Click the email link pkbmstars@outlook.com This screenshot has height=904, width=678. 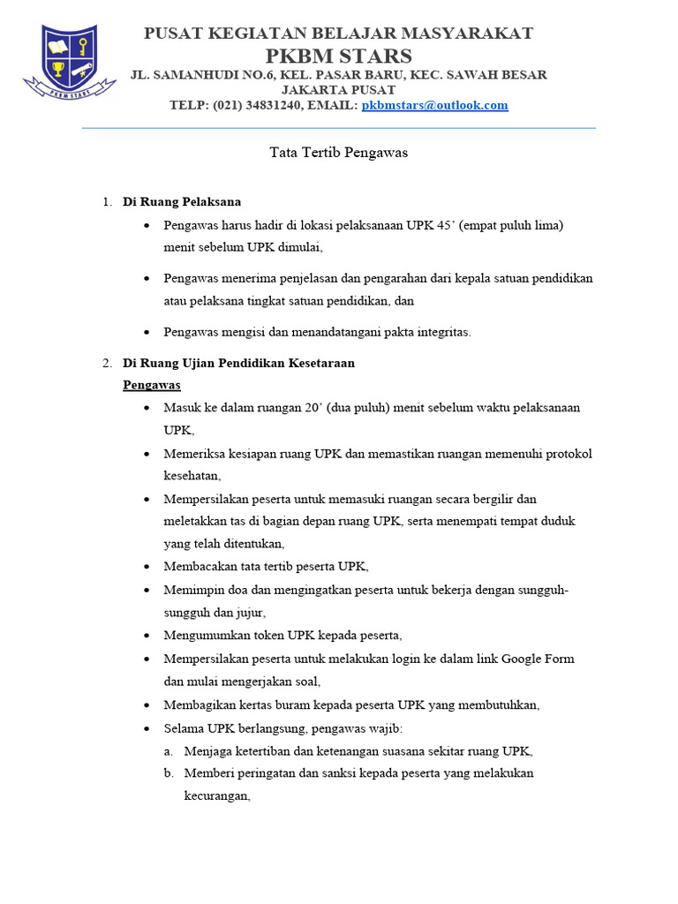tap(434, 105)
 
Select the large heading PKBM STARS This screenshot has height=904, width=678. tap(339, 55)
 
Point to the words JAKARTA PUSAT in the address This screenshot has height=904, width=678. tap(338, 90)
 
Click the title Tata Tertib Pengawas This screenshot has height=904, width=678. tap(338, 153)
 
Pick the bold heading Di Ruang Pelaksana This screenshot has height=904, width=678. tap(181, 202)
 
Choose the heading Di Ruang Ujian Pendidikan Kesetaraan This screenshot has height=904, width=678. tap(238, 363)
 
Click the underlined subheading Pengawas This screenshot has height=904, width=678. tap(152, 386)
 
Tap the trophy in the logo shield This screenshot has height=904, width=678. tap(58, 69)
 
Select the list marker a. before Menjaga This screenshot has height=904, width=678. tap(169, 751)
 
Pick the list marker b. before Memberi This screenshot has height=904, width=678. tap(169, 773)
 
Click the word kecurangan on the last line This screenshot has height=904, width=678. tap(216, 795)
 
